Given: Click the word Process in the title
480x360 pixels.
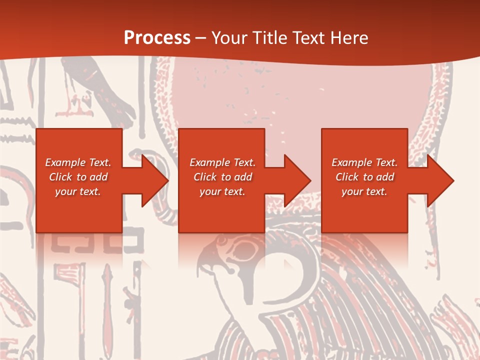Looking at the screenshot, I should point(157,38).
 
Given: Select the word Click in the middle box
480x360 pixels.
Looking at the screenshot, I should point(204,177).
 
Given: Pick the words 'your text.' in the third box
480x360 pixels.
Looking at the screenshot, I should point(364,191).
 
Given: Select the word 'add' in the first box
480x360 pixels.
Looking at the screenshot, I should point(98,177).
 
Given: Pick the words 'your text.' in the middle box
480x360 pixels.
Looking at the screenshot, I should point(222,191).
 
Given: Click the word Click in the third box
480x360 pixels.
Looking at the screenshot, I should point(346,177).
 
